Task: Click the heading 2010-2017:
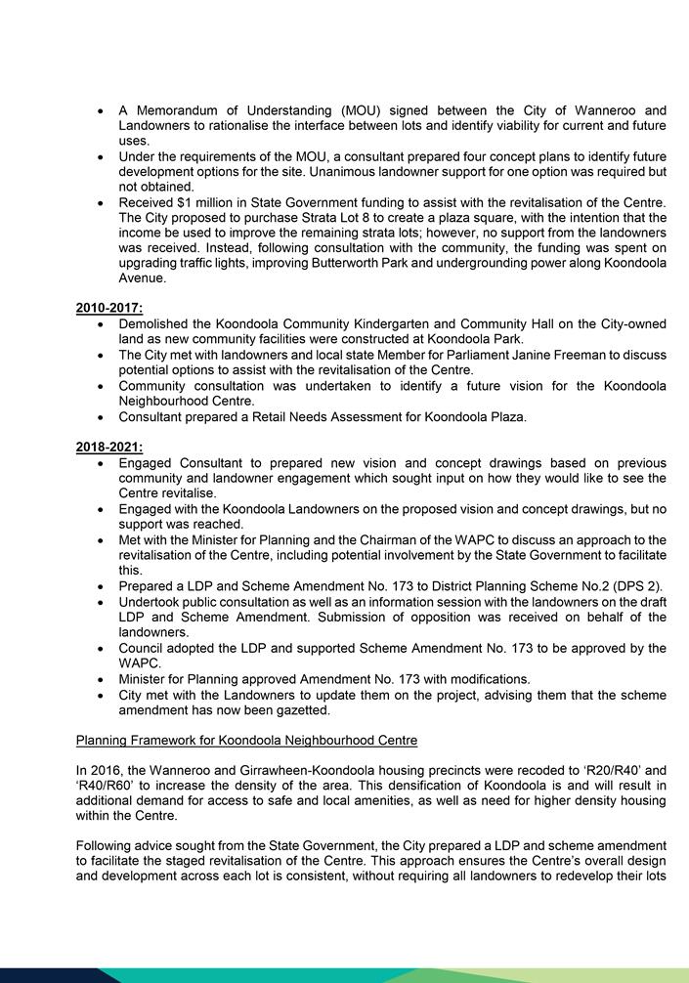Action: click(109, 308)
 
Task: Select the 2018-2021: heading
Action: click(109, 448)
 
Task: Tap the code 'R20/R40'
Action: click(599, 770)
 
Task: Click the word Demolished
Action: click(156, 323)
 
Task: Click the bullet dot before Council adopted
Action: click(104, 649)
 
